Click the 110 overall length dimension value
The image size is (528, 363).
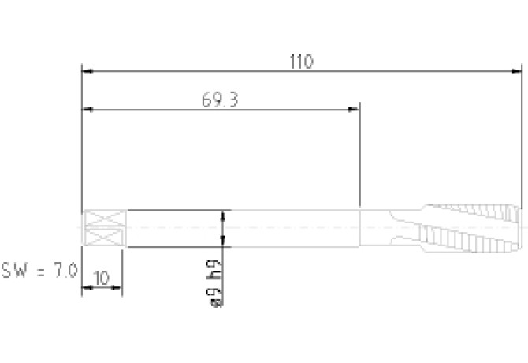301,62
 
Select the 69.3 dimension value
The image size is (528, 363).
220,100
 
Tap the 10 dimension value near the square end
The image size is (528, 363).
102,279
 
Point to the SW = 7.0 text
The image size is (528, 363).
39,271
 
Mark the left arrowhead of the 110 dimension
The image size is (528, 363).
87,72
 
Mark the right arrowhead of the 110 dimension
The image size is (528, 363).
516,72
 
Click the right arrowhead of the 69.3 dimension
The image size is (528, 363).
354,110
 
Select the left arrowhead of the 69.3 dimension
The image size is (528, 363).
87,110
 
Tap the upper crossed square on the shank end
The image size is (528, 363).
104,219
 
